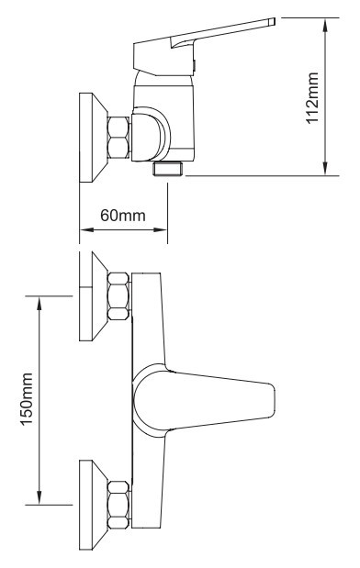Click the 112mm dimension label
[312, 98]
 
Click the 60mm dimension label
[123, 216]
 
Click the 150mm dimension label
[27, 399]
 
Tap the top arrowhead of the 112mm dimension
[325, 26]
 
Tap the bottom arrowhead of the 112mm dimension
[325, 168]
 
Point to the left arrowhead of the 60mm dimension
[87, 229]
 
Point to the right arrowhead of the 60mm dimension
[160, 229]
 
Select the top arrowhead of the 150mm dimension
[39, 304]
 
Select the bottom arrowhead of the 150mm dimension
[39, 496]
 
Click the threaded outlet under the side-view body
[168, 169]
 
